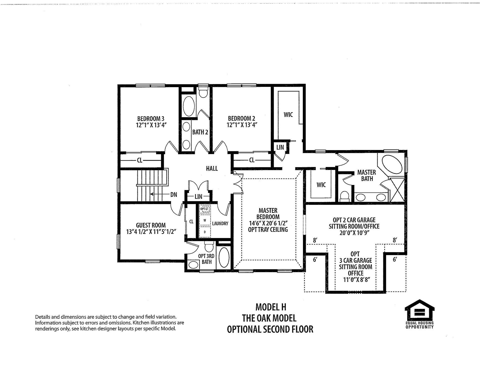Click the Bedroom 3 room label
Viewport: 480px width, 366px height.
150,118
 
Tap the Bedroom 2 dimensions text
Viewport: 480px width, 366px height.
242,125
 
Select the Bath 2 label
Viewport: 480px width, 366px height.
200,132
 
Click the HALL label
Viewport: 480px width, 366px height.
212,168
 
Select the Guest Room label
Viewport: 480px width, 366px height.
150,225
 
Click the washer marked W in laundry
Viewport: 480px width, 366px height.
205,220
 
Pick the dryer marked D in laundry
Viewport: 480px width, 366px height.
205,232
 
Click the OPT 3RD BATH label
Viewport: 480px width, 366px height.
206,259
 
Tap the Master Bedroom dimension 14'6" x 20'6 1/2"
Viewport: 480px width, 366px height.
268,223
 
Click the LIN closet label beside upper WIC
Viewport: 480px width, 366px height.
280,147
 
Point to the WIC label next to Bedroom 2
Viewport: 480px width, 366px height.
288,115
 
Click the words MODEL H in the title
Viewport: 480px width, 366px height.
270,307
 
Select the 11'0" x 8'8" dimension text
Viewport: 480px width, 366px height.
356,280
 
